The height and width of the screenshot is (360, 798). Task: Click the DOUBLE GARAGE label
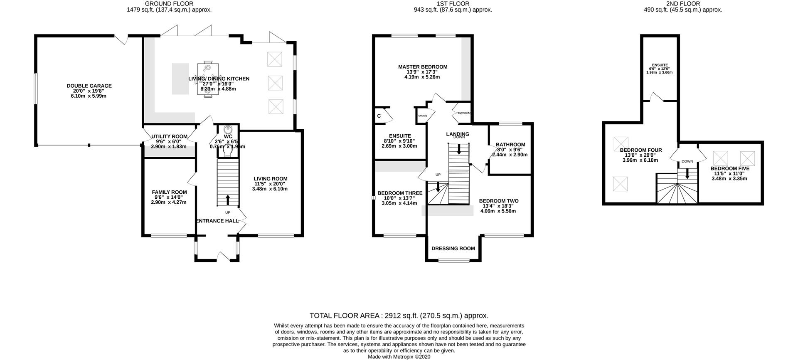[x=89, y=86]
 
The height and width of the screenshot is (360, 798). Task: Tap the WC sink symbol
[x=227, y=129]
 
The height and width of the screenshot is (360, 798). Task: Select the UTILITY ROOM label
[x=169, y=136]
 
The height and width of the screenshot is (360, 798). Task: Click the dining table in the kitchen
[x=208, y=79]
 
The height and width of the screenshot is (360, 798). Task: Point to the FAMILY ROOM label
[x=169, y=192]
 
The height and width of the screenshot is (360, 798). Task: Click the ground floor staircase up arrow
[x=227, y=200]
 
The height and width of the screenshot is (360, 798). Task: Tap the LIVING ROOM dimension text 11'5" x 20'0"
[x=270, y=184]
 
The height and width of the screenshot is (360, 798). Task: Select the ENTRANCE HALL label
[x=217, y=221]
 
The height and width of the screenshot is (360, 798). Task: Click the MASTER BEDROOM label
[x=423, y=67]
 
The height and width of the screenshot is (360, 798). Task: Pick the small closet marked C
[x=379, y=116]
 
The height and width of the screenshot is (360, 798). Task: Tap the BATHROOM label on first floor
[x=510, y=145]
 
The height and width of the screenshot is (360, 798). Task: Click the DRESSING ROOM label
[x=453, y=249]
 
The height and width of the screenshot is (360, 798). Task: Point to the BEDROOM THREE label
[x=400, y=193]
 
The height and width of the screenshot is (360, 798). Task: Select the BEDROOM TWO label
[x=498, y=201]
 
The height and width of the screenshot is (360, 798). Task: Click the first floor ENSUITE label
[x=400, y=136]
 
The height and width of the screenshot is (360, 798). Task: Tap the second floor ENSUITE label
[x=660, y=65]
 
